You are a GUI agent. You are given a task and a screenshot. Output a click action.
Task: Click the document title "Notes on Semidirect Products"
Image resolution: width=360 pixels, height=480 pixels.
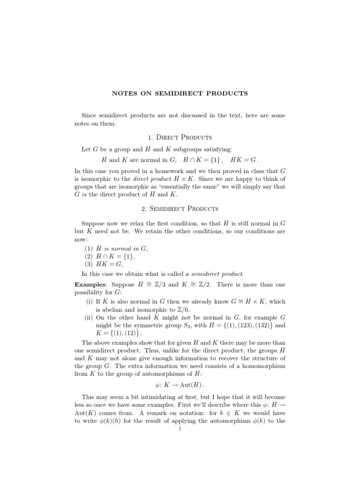click(180, 93)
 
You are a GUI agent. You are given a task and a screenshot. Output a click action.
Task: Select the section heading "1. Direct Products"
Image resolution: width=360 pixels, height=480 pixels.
click(180, 137)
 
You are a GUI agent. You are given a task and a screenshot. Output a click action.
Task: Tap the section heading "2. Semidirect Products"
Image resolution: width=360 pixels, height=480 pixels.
click(180, 208)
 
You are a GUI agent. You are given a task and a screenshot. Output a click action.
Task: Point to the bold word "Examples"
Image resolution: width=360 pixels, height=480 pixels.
click(90, 285)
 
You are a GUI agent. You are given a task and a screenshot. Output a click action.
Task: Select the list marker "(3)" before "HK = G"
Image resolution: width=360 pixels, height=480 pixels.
click(88, 265)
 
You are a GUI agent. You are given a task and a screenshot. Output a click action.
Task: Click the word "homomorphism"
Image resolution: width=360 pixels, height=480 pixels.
click(257, 366)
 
